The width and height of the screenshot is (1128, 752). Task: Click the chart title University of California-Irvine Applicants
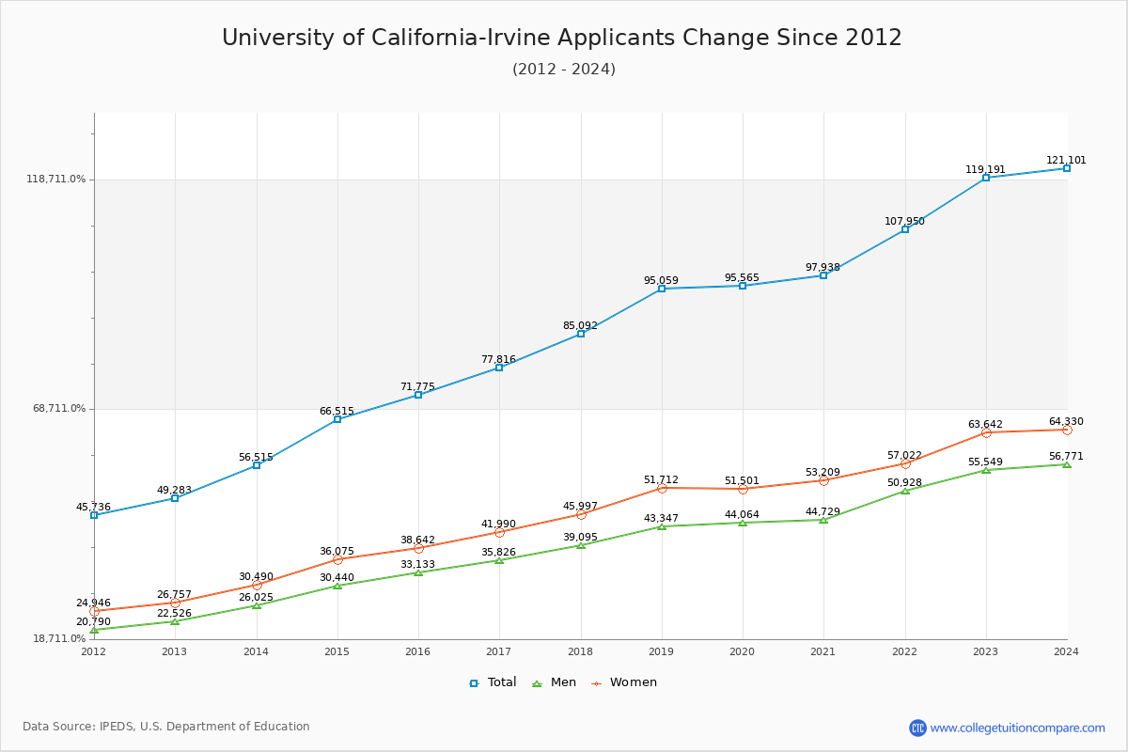point(562,38)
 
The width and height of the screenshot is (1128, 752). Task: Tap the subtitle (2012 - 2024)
point(564,70)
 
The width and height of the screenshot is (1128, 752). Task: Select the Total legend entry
point(493,682)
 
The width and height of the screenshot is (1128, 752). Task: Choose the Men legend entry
point(554,682)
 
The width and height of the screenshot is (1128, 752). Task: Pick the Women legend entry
point(624,682)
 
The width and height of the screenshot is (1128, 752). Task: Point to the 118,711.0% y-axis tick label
point(56,179)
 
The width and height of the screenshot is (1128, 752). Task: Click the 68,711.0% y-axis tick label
point(59,409)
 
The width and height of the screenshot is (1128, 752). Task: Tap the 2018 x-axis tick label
point(580,651)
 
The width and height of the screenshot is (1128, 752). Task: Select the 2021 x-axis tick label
point(823,651)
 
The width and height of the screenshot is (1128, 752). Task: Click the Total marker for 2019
point(662,289)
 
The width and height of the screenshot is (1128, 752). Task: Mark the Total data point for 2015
point(337,419)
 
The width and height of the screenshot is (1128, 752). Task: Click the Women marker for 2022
point(905,463)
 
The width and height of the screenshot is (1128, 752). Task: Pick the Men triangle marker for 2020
point(743,523)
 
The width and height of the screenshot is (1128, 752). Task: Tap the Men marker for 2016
point(418,572)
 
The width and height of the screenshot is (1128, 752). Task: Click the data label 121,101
point(1066,161)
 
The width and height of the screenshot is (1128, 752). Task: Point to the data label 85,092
point(580,326)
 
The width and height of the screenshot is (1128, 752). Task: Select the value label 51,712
point(661,480)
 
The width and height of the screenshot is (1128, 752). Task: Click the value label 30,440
point(337,578)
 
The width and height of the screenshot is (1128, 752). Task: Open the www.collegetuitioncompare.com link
point(1017,728)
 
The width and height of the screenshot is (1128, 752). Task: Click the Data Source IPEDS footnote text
point(166,727)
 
